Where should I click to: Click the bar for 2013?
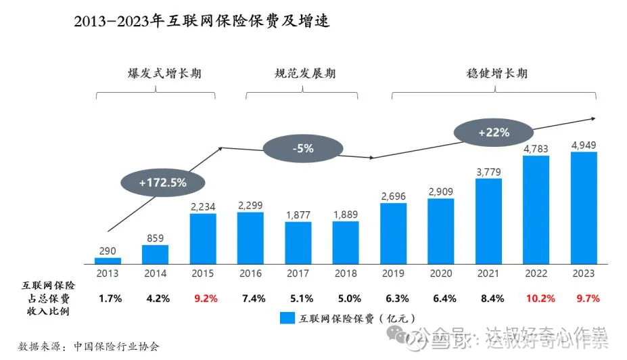coord(108,260)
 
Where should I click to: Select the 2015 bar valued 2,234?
coord(203,238)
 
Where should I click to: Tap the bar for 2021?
coord(488,221)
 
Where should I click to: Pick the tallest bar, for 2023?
coord(584,207)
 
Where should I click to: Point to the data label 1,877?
coord(298,215)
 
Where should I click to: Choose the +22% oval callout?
coord(494,133)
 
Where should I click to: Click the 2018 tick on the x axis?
coord(346,273)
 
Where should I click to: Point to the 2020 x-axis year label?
coord(441,273)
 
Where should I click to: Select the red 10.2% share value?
coord(536,298)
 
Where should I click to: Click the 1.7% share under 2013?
coord(110,298)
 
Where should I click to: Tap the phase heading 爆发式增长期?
coord(156,74)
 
